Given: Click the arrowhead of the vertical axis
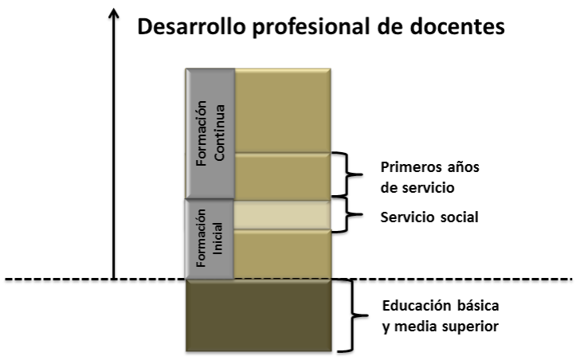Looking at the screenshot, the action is pos(114,12).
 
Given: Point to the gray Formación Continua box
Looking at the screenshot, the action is pos(209,134).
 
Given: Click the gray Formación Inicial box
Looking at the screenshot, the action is pos(209,239).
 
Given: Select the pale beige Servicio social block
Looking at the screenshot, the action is pos(282,215).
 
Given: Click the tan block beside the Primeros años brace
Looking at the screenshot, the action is pos(282,175).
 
